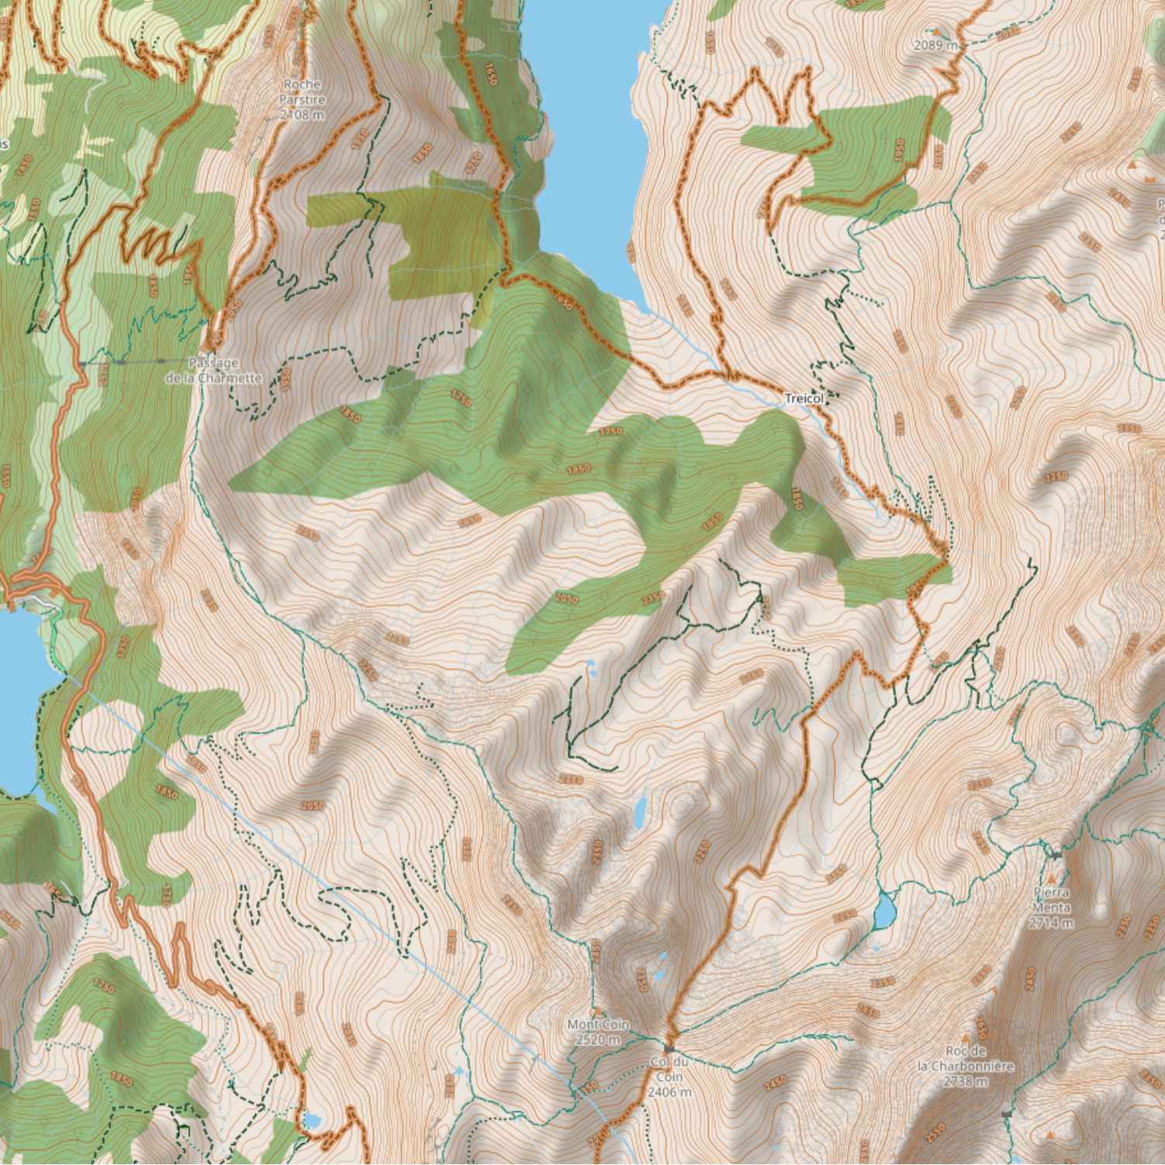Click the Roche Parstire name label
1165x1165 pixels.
pyautogui.click(x=302, y=92)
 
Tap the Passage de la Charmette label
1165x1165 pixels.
pyautogui.click(x=213, y=370)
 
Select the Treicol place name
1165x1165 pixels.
pyautogui.click(x=804, y=399)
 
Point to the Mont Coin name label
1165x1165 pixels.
pyautogui.click(x=598, y=1025)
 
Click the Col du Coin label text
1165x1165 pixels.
pyautogui.click(x=669, y=1069)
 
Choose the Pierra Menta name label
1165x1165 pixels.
pyautogui.click(x=1052, y=900)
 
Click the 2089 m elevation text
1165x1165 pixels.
pyautogui.click(x=935, y=45)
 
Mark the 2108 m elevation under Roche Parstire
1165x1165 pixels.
pyautogui.click(x=302, y=115)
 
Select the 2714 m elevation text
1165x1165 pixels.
pyautogui.click(x=1052, y=923)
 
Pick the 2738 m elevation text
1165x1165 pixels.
pyautogui.click(x=966, y=1080)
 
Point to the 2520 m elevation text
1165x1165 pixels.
pyautogui.click(x=598, y=1039)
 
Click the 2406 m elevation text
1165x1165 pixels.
pyautogui.click(x=669, y=1092)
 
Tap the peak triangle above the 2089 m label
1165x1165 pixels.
pyautogui.click(x=935, y=32)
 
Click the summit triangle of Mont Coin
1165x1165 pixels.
pyautogui.click(x=598, y=1011)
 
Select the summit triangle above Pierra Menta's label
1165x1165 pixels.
pyautogui.click(x=1052, y=880)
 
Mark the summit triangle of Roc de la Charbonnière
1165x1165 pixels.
pyautogui.click(x=966, y=1038)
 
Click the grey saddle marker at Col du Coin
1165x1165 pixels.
pyautogui.click(x=669, y=1049)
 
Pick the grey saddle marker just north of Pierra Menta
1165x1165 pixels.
pyautogui.click(x=1056, y=854)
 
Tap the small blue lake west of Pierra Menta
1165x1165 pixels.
pyautogui.click(x=883, y=910)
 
